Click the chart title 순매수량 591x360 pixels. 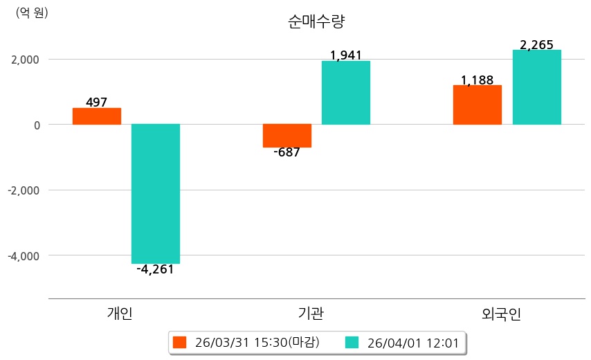316,21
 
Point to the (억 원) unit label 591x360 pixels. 32,12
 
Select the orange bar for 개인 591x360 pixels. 97,116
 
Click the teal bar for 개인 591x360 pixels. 156,194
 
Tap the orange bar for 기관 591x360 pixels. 287,136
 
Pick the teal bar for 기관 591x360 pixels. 346,93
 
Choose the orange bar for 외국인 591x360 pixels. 478,105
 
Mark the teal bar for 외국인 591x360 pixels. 536,87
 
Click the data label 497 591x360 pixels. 97,102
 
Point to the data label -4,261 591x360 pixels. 156,270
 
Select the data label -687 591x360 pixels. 287,153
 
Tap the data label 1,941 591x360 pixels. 346,55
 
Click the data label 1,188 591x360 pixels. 478,80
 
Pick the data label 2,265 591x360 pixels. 536,45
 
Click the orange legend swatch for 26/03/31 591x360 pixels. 180,343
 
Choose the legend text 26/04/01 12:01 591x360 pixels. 412,343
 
